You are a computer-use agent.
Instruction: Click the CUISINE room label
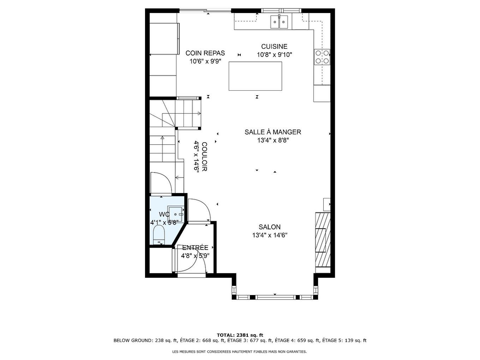pyautogui.click(x=274, y=47)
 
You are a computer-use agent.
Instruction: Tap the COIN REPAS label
pyautogui.click(x=205, y=53)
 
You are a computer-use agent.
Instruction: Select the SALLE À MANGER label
pyautogui.click(x=273, y=132)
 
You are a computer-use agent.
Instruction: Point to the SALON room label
pyautogui.click(x=269, y=227)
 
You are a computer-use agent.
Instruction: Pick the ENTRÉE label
pyautogui.click(x=195, y=248)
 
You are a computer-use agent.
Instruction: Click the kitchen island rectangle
pyautogui.click(x=255, y=76)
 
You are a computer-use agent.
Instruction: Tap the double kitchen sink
pyautogui.click(x=279, y=22)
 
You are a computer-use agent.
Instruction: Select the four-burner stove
pyautogui.click(x=322, y=57)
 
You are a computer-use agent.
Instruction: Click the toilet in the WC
pyautogui.click(x=159, y=235)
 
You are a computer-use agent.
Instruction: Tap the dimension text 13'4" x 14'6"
pyautogui.click(x=270, y=235)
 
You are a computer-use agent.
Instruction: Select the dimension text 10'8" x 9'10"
pyautogui.click(x=275, y=55)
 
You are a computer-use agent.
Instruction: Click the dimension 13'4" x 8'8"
pyautogui.click(x=273, y=140)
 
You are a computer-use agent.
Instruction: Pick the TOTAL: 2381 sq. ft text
pyautogui.click(x=240, y=335)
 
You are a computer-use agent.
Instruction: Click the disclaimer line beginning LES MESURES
pyautogui.click(x=239, y=352)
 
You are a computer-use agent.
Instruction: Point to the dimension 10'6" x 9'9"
pyautogui.click(x=205, y=61)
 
